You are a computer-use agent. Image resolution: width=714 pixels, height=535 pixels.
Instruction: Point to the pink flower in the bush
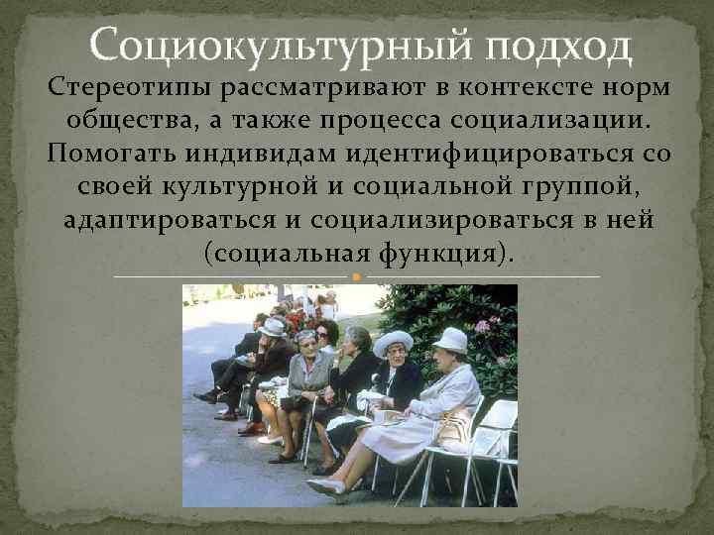(x=483, y=325)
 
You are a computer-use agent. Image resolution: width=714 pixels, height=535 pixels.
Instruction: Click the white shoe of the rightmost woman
(x=326, y=486)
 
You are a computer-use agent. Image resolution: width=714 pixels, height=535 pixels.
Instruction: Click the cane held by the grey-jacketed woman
(x=309, y=426)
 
